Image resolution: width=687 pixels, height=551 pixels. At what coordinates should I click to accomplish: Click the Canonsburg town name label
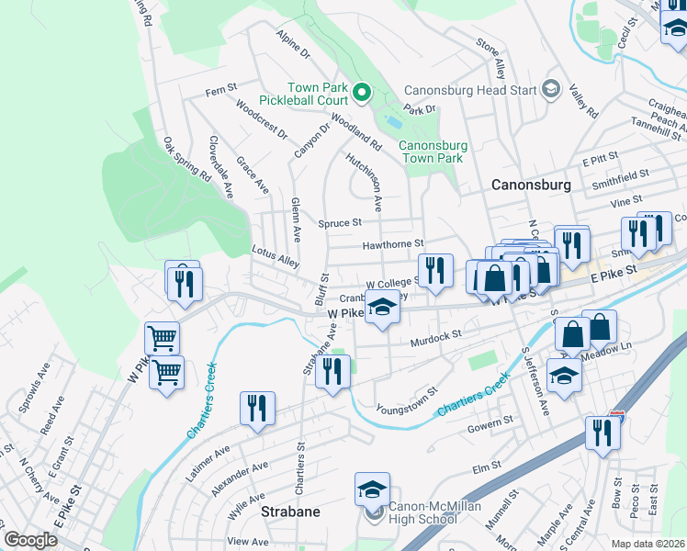click(x=531, y=185)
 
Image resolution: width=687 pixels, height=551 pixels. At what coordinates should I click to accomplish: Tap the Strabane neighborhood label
click(x=290, y=512)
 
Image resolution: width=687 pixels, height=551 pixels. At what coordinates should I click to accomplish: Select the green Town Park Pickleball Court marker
click(x=362, y=91)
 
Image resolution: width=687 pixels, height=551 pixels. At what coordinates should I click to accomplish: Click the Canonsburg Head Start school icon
click(x=551, y=88)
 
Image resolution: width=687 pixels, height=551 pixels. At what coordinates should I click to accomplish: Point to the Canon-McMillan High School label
click(x=422, y=512)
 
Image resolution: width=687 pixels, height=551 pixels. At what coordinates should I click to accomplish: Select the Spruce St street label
click(x=340, y=222)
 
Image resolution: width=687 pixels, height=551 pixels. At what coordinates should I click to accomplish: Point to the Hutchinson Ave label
click(x=364, y=179)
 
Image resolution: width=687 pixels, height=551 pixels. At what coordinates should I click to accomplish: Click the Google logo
click(x=30, y=540)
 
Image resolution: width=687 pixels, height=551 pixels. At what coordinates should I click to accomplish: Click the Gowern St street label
click(x=489, y=424)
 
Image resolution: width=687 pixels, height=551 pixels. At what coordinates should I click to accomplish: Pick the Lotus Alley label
click(x=276, y=256)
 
